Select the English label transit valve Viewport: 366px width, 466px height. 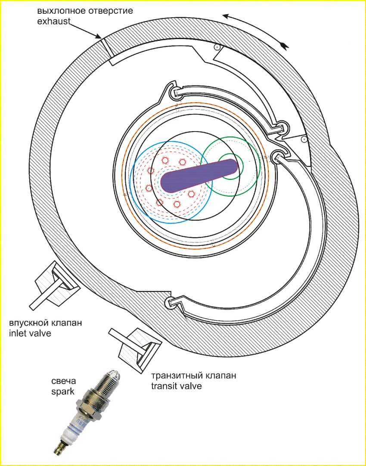[x=177, y=386]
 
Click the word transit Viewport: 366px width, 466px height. [x=164, y=386]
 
